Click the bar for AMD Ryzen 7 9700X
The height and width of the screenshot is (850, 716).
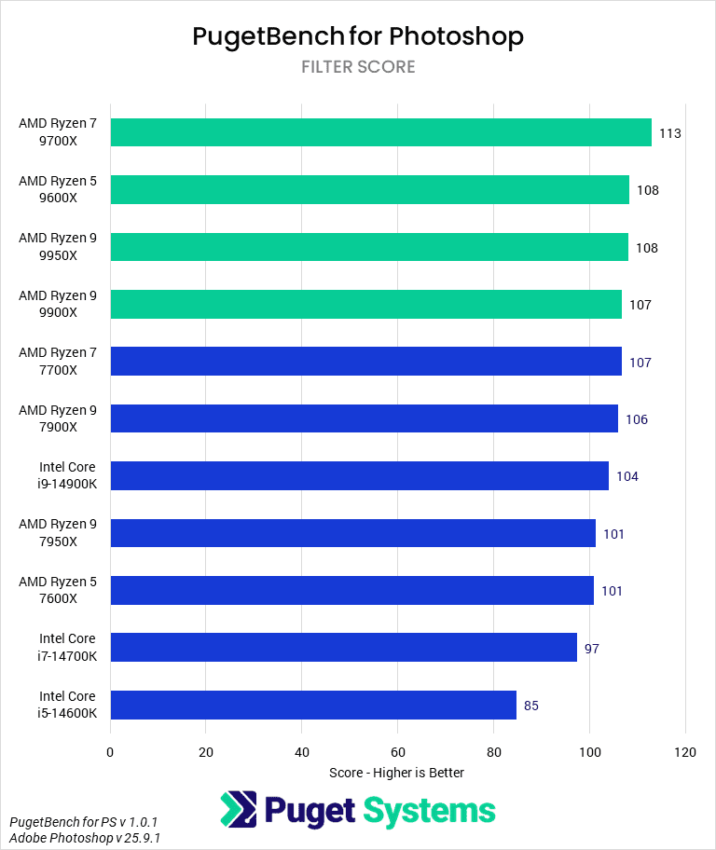[x=380, y=132]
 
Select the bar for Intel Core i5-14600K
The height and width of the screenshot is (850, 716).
[x=313, y=705]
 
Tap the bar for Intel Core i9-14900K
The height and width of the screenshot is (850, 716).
[x=359, y=476]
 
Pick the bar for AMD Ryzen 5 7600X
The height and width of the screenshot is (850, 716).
[x=351, y=590]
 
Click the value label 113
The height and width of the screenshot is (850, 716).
[x=669, y=133]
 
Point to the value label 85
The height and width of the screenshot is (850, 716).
[x=531, y=706]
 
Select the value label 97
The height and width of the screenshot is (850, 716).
[x=592, y=648]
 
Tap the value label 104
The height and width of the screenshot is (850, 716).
[x=626, y=476]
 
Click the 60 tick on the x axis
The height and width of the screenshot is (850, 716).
[x=398, y=752]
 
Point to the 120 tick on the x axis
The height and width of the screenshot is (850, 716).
[x=685, y=752]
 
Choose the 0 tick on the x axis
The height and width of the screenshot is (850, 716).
[x=110, y=752]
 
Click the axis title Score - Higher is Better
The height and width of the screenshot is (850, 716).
[x=396, y=773]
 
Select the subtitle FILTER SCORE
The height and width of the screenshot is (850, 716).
[x=358, y=67]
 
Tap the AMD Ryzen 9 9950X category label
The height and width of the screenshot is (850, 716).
[x=58, y=247]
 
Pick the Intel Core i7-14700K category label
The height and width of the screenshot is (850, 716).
[x=67, y=648]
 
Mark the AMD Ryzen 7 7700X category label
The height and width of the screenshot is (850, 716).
[x=58, y=362]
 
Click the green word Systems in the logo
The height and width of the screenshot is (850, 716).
[x=428, y=810]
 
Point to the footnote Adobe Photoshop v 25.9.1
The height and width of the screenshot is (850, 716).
[x=85, y=838]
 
